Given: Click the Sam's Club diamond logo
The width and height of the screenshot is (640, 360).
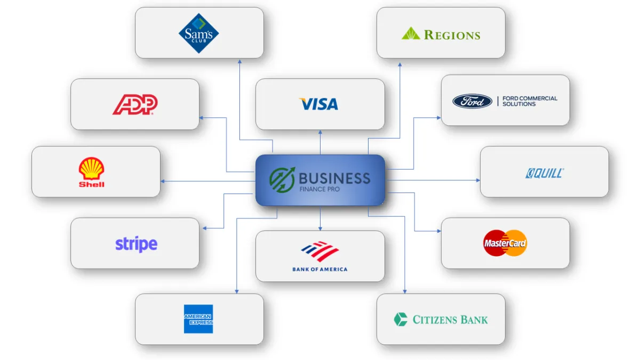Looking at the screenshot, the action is pos(199,33).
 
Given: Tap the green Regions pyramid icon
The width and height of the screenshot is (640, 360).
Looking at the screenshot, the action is pos(411,33).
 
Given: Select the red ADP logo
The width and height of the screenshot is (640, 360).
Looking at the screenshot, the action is pos(135,105).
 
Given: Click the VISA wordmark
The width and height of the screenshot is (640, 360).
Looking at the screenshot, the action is pos(318,104).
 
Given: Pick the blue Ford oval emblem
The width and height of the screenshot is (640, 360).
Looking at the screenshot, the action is pos(473,101).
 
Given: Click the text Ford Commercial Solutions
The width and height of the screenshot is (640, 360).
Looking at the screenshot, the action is pos(530,101).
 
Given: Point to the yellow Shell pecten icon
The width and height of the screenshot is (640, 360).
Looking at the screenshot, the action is pos(91,169).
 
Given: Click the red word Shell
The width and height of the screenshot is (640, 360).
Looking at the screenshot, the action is pos(91,185).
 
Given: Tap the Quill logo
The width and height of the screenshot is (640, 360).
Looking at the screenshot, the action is pos(545,173).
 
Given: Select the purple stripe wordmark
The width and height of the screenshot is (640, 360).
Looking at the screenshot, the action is pos(137,244).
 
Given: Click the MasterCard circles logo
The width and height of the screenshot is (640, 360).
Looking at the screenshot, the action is pos(505,243).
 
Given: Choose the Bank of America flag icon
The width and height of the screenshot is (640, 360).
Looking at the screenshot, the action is pos(320,251).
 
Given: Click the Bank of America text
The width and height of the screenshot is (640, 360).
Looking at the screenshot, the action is pos(320,269).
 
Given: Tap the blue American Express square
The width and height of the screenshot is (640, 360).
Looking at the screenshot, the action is pos(198,319).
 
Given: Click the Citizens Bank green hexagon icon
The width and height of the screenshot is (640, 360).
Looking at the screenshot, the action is pos(401,319).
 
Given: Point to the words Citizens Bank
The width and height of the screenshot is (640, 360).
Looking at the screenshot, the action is pos(450,319).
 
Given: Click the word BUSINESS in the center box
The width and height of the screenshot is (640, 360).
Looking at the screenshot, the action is pos(334,179).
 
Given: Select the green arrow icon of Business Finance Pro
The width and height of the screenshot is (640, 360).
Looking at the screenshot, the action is pos(282,179).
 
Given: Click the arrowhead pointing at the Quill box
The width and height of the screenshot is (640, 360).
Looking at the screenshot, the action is pos(478,180).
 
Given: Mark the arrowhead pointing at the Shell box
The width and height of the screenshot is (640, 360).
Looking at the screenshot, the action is pos(163,181).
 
